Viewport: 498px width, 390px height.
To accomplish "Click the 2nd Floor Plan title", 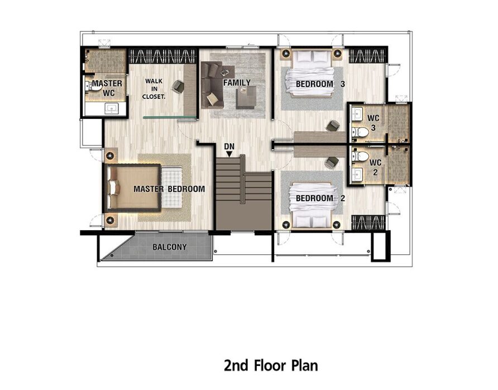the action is tap(271, 365).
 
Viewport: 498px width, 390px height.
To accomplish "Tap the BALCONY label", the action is tap(170, 247).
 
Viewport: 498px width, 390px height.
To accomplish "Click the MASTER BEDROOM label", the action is tap(169, 189).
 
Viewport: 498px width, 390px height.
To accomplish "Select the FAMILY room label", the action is tap(237, 83).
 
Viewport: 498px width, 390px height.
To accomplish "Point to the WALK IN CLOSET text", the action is tap(154, 89).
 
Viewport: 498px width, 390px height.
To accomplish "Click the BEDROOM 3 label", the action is tap(320, 84).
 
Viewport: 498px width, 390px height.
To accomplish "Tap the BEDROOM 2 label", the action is tap(320, 198).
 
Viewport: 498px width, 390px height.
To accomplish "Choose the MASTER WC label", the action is tap(107, 88).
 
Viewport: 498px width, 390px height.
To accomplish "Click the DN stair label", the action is tap(229, 146).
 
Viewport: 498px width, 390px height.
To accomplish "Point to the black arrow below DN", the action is tap(229, 154).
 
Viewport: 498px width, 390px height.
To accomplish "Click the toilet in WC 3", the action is tap(360, 132).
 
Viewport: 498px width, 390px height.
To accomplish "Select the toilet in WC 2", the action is tap(360, 156).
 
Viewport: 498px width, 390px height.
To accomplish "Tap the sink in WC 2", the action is tap(358, 174).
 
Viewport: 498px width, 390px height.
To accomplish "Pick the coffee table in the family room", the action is tap(246, 97).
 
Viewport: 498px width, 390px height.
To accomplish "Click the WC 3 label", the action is tap(373, 123).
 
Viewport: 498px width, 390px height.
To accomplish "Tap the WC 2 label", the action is tap(375, 167).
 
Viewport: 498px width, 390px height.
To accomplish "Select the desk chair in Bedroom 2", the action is tap(332, 162).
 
